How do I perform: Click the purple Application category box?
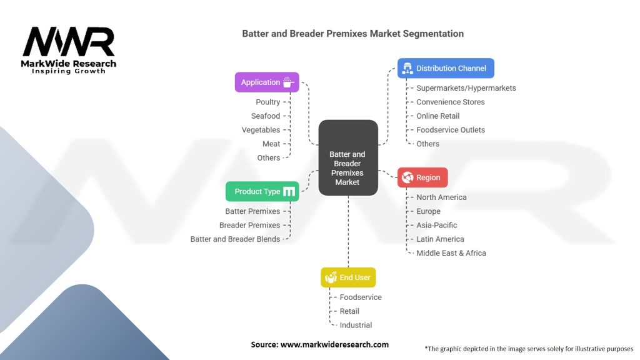pyautogui.click(x=267, y=82)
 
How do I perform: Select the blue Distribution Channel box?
pyautogui.click(x=446, y=68)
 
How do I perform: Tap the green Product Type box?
pyautogui.click(x=262, y=191)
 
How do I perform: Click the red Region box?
pyautogui.click(x=422, y=177)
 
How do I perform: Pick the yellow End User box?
pyautogui.click(x=348, y=277)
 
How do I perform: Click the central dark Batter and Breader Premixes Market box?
pyautogui.click(x=348, y=157)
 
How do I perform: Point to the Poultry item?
pyautogui.click(x=268, y=102)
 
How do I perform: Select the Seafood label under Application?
pyautogui.click(x=266, y=116)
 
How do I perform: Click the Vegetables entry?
pyautogui.click(x=261, y=130)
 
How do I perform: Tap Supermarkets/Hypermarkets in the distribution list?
pyautogui.click(x=466, y=88)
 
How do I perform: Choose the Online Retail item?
pyautogui.click(x=438, y=116)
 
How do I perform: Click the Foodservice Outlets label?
pyautogui.click(x=451, y=130)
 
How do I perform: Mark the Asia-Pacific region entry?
pyautogui.click(x=437, y=225)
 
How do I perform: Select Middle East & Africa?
pyautogui.click(x=451, y=253)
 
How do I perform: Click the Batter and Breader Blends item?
pyautogui.click(x=236, y=239)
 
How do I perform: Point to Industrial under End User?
pyautogui.click(x=356, y=325)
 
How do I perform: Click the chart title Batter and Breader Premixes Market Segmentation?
pyautogui.click(x=353, y=33)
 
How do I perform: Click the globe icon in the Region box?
pyautogui.click(x=407, y=177)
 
